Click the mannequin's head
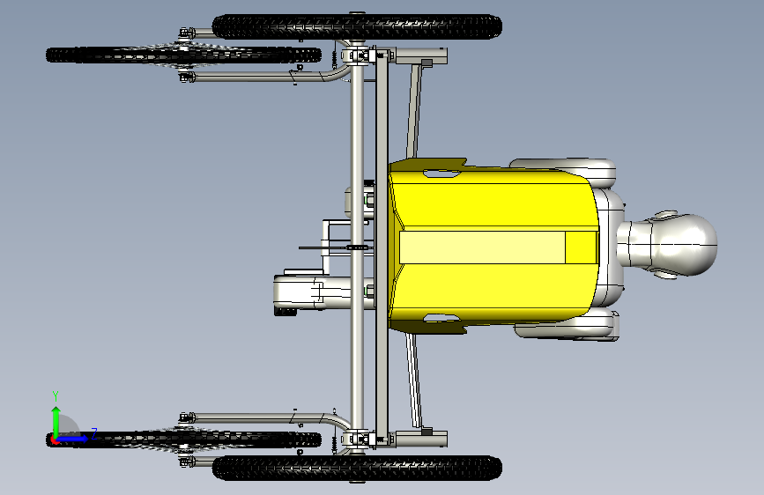682,245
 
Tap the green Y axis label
56,396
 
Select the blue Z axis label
94,433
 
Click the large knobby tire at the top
357,26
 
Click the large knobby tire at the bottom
357,469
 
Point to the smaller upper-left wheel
183,55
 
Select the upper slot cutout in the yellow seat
441,173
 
